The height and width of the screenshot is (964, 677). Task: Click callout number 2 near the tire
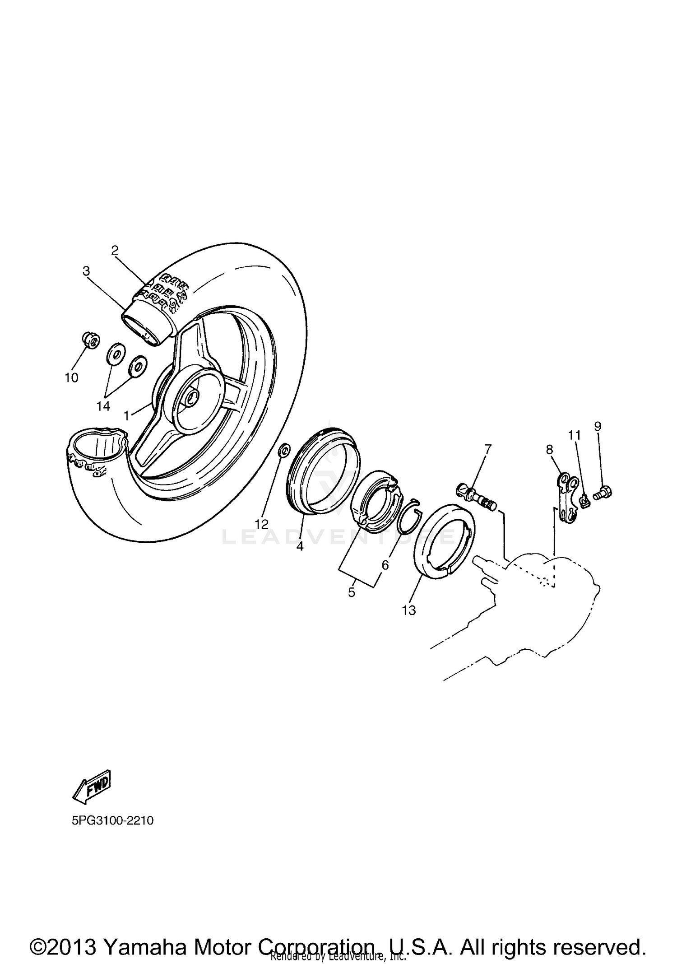115,251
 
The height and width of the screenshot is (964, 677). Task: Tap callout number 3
86,271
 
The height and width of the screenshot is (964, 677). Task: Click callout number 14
103,406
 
